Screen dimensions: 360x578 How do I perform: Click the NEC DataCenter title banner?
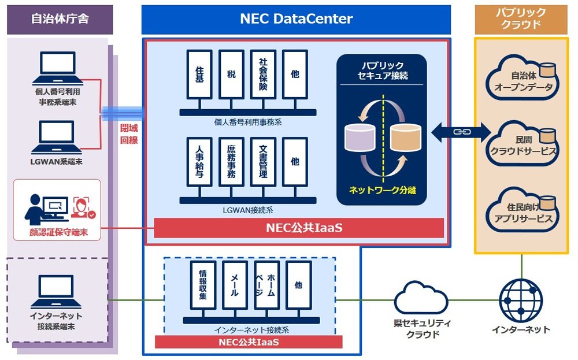296,19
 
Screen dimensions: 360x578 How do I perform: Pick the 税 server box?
231,74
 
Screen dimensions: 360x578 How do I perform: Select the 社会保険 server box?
263,74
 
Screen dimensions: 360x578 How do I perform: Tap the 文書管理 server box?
263,161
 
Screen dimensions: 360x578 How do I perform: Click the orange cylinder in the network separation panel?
405,138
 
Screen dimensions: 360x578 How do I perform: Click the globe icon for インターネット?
521,299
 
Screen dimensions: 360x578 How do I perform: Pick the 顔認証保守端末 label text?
55,232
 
